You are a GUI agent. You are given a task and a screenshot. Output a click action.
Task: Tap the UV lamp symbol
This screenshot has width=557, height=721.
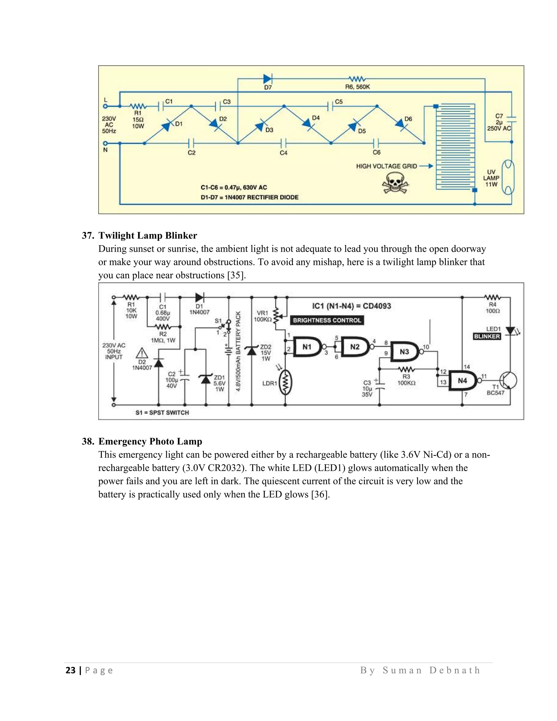tap(508, 177)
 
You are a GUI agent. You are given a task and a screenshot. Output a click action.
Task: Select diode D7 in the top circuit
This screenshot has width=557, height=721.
tap(267, 79)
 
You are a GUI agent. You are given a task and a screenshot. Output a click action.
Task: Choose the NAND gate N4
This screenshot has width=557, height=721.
tap(462, 381)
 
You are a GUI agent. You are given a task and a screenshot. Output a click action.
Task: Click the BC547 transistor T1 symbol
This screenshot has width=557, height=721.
tap(508, 381)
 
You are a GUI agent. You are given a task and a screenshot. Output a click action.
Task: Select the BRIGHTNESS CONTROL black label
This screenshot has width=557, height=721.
tap(327, 320)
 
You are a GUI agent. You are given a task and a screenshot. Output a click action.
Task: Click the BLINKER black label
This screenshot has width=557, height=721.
tap(487, 336)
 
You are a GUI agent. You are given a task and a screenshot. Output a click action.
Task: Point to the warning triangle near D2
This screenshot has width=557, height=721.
tap(142, 353)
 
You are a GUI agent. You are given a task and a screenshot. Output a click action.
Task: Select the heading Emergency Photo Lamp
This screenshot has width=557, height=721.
tap(150, 441)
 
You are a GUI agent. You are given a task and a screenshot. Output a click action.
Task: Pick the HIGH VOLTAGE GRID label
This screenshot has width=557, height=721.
tap(386, 167)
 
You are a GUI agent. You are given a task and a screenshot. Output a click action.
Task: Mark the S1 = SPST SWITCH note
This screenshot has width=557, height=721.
tap(162, 413)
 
